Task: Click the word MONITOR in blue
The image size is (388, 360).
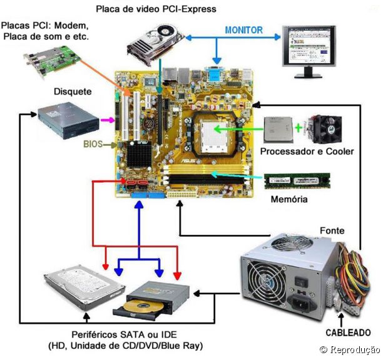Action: click(243, 30)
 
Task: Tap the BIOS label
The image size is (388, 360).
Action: click(93, 144)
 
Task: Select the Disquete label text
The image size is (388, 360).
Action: click(73, 91)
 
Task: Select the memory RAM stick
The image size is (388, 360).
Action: click(296, 180)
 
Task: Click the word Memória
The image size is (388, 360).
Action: click(288, 200)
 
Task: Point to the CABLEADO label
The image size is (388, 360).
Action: click(347, 332)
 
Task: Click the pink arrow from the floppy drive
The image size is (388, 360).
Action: click(108, 119)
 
